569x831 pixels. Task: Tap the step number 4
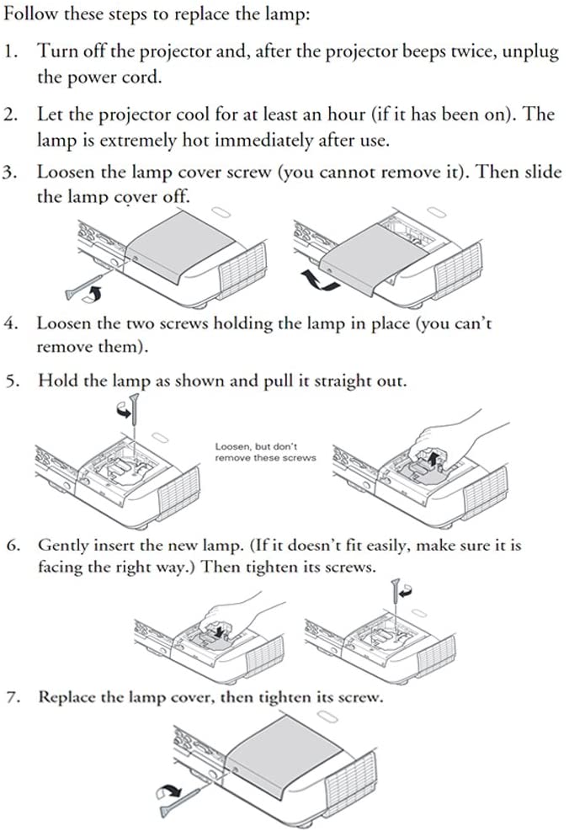[10, 323]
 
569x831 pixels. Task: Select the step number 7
[10, 697]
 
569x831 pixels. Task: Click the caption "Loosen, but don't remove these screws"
[265, 452]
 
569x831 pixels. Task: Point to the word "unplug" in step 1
[529, 51]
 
